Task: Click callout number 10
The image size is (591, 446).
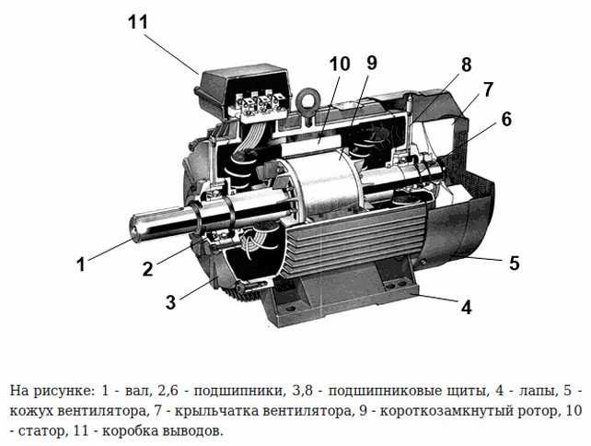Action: coord(339,64)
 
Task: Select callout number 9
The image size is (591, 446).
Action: coord(371,63)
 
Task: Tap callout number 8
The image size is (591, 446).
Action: coord(466,65)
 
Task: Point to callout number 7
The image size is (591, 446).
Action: coord(488,89)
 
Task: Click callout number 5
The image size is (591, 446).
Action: coord(514,263)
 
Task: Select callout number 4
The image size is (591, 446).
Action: coord(467,307)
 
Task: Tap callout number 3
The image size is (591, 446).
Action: coord(170,302)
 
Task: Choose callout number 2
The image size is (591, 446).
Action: coord(146,269)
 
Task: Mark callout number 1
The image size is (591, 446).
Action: coord(81,264)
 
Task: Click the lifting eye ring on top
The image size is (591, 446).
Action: coord(306,99)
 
